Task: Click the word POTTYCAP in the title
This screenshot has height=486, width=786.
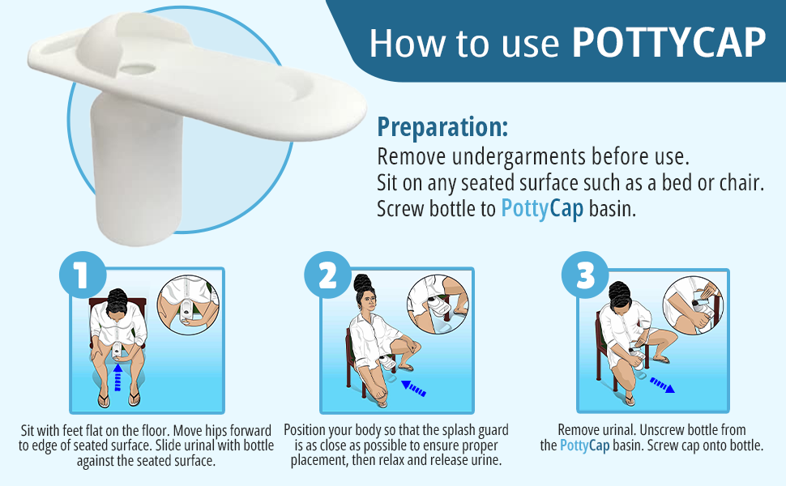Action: (x=669, y=43)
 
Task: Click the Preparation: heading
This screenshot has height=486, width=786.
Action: (x=442, y=126)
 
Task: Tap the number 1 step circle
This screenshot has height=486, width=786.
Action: (x=83, y=275)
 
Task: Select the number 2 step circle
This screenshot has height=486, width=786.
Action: (x=328, y=275)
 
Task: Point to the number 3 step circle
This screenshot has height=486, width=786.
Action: (x=585, y=275)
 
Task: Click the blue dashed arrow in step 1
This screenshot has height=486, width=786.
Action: (x=117, y=377)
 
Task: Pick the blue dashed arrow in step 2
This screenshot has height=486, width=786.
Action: (x=413, y=388)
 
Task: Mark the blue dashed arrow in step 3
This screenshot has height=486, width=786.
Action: (x=662, y=385)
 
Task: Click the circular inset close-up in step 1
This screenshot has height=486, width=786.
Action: (x=189, y=305)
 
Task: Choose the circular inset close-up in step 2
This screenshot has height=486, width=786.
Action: (x=438, y=304)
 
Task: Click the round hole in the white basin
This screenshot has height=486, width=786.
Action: (x=138, y=69)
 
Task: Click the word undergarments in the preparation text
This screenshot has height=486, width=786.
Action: (x=519, y=157)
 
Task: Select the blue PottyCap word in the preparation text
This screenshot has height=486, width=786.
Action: (x=542, y=208)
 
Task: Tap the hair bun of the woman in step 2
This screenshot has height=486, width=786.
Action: (x=361, y=282)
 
